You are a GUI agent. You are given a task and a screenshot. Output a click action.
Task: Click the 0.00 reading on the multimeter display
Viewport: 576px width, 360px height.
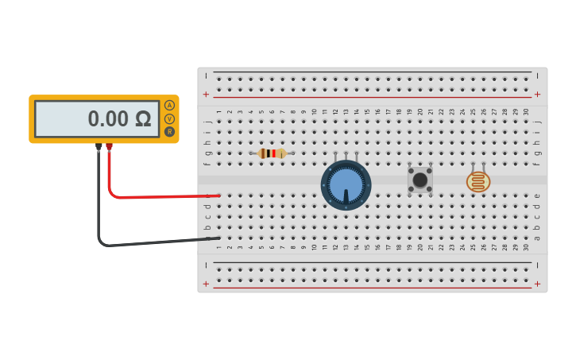tap(108, 119)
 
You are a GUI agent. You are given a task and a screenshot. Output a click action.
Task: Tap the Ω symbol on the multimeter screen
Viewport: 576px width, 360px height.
tap(143, 119)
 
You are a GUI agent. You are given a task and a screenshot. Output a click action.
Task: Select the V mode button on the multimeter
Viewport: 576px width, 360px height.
tap(169, 118)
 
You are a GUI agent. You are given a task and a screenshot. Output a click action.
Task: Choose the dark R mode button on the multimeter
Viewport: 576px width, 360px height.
tap(169, 132)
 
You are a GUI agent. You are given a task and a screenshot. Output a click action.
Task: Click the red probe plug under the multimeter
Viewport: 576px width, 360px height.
tap(109, 147)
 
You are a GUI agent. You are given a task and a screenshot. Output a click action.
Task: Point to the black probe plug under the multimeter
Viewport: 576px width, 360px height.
tap(99, 147)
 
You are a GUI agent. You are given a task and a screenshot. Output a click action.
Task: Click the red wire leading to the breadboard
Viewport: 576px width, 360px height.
tap(159, 195)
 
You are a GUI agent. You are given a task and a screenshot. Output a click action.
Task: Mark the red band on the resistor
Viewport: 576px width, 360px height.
tap(274, 153)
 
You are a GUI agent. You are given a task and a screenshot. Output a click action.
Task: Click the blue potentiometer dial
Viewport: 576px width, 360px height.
tap(346, 185)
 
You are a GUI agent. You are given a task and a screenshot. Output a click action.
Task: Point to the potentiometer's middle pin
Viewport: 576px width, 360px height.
tap(346, 154)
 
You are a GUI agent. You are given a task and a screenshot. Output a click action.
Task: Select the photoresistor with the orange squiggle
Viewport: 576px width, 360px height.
tap(477, 182)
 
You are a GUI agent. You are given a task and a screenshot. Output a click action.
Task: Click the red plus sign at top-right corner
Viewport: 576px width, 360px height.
tap(537, 94)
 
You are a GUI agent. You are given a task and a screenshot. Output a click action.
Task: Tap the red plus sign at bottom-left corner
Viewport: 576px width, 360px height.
tap(207, 284)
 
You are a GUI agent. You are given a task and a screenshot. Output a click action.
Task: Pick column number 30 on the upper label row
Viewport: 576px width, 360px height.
tap(526, 112)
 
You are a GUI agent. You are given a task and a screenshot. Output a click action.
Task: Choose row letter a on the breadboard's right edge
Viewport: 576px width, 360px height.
tap(537, 238)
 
